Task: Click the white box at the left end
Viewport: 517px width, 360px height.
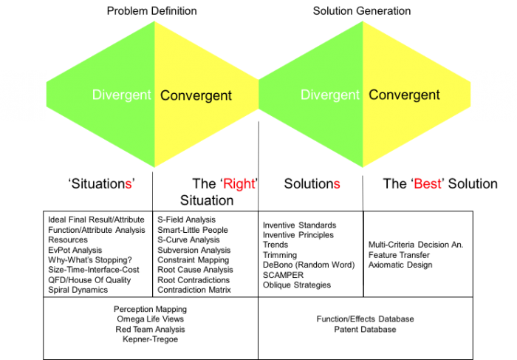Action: click(x=23, y=96)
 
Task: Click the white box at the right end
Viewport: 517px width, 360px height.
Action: click(x=493, y=96)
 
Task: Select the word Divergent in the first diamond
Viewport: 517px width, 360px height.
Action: click(x=121, y=95)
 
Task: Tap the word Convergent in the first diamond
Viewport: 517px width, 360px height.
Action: click(x=196, y=95)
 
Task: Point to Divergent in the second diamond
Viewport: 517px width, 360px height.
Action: click(x=330, y=95)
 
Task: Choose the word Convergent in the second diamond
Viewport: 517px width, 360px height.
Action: click(x=404, y=95)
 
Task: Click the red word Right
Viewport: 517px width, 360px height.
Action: click(x=239, y=184)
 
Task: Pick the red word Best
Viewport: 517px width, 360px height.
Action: click(x=427, y=184)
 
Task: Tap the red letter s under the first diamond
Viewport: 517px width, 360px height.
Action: click(x=128, y=185)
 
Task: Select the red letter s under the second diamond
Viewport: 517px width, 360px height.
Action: click(x=337, y=185)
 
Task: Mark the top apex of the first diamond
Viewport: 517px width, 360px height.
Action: click(x=154, y=21)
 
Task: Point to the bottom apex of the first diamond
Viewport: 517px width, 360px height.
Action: click(x=154, y=167)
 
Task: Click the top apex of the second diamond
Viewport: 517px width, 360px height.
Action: click(x=363, y=21)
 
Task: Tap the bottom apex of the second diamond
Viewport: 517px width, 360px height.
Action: click(x=363, y=167)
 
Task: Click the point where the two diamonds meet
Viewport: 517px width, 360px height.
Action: click(x=258, y=95)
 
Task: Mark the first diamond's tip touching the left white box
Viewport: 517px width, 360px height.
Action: click(x=48, y=95)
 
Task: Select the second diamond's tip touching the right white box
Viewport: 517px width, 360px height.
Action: click(x=470, y=95)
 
